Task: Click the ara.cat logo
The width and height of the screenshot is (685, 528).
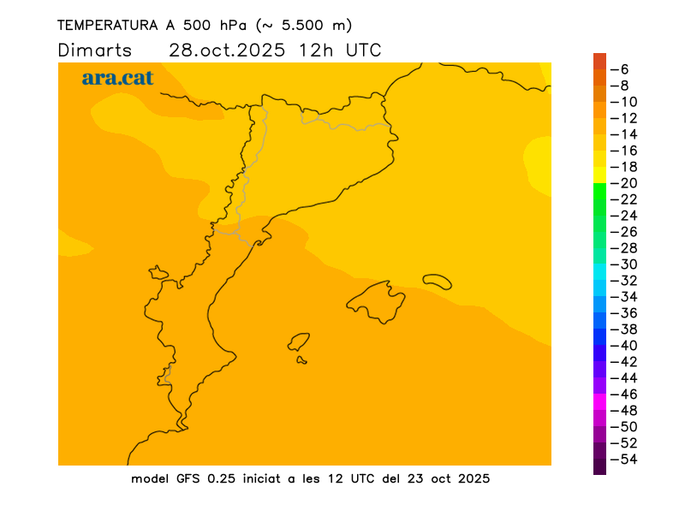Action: point(117,78)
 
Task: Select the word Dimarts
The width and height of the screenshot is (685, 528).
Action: point(94,50)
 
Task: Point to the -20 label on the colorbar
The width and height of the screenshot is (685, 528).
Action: point(628,183)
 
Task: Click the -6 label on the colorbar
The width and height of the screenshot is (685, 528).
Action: point(624,69)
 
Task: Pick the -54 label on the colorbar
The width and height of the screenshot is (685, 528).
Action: point(628,460)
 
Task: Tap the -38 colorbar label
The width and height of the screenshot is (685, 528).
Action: point(628,329)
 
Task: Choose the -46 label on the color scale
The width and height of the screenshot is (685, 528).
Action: point(628,395)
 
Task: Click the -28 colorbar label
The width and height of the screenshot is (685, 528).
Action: point(628,248)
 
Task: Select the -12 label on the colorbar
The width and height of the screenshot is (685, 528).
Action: point(628,118)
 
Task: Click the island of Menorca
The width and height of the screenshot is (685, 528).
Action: point(438,281)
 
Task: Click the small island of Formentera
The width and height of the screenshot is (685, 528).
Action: point(301,360)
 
